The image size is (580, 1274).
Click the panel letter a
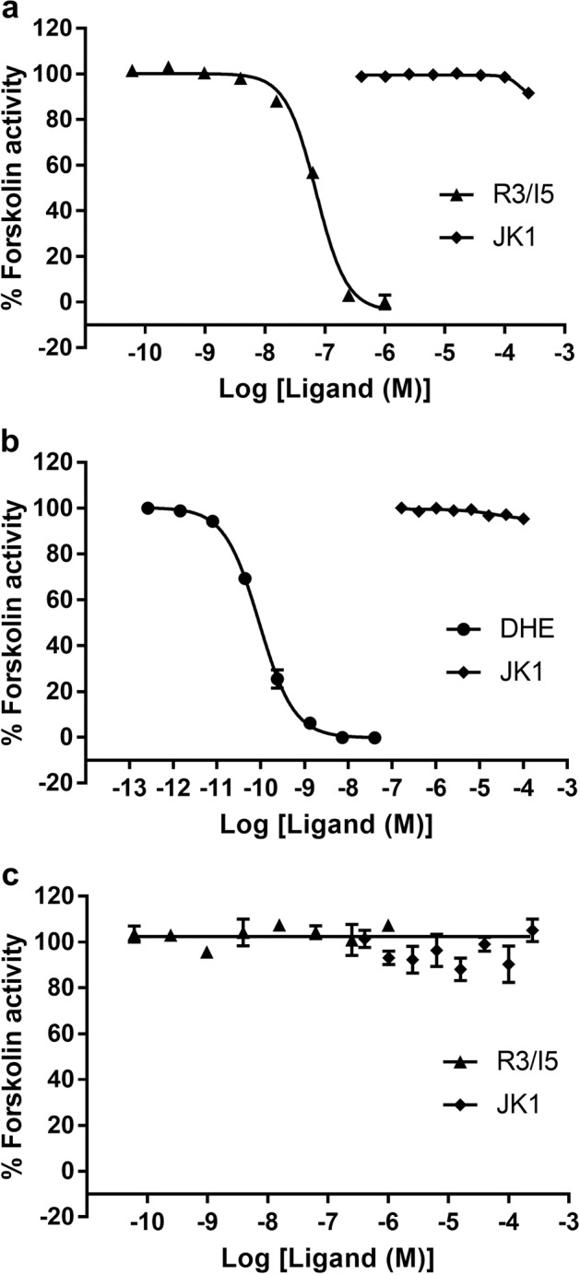point(9,11)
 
